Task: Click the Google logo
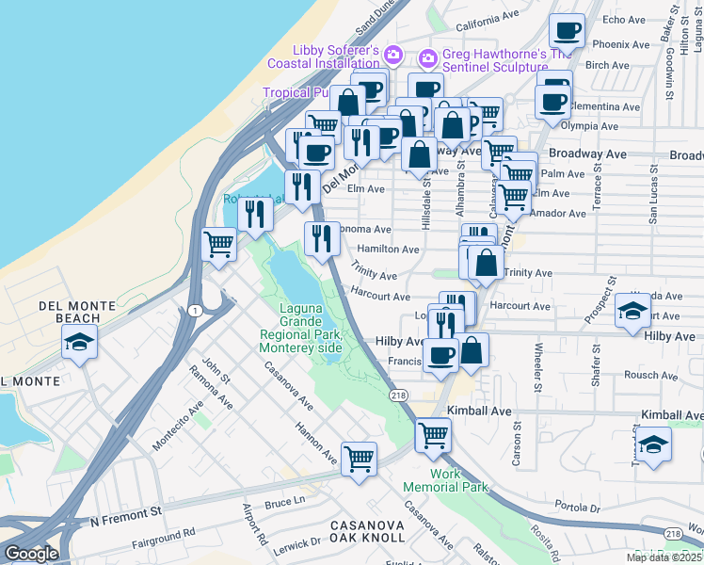point(31,554)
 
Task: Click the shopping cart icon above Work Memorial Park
point(433,435)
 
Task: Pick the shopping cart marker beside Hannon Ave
point(359,460)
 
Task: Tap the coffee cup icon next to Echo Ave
point(568,31)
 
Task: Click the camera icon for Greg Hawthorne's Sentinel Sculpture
point(427,58)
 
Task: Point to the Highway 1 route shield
point(194,311)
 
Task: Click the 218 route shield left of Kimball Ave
point(400,396)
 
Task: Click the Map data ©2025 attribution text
point(664,557)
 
